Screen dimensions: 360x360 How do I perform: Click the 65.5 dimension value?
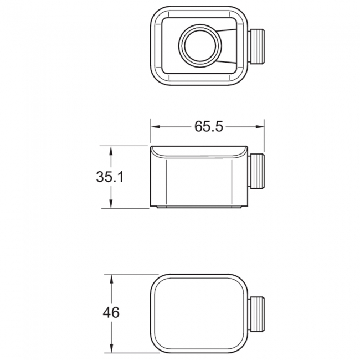(x=208, y=126)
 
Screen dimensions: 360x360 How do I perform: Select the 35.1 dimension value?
(x=110, y=177)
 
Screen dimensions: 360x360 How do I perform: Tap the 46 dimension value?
(x=111, y=312)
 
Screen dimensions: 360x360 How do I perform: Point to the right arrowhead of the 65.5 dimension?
(x=260, y=126)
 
